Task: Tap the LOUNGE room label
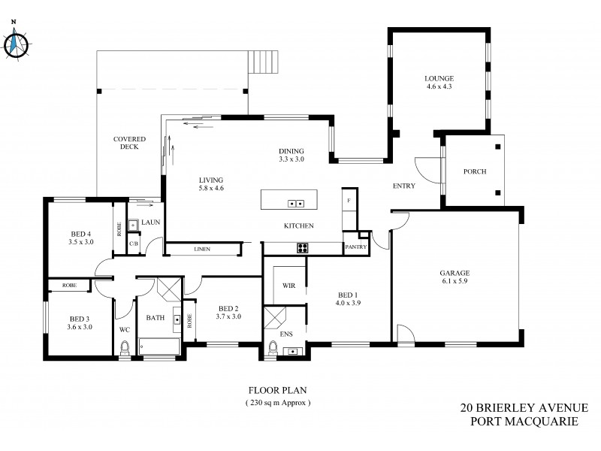(439, 78)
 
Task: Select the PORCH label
(475, 171)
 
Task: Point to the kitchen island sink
(295, 203)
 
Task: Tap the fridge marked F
(349, 201)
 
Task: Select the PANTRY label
(355, 247)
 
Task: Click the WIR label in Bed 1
(288, 286)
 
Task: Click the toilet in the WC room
(125, 347)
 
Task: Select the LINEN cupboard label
(201, 249)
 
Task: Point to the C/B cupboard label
(133, 244)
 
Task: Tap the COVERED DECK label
(129, 144)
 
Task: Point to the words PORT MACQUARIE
(524, 422)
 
